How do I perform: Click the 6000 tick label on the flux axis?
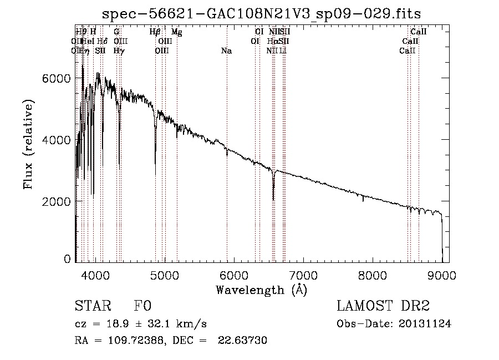57,79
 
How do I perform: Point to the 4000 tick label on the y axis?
57,140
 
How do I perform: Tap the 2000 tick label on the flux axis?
57,202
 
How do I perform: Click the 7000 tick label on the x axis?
303,275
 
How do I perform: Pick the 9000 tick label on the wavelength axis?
442,275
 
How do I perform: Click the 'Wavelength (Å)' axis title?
261,290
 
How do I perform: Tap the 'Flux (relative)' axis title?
28,144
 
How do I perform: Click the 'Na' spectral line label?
226,51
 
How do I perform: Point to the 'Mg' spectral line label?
176,33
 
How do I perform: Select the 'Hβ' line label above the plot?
155,33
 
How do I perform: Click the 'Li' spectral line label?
283,51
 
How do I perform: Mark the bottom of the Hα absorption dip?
273,199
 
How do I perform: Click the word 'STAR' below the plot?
92,306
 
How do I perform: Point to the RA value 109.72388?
135,341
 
